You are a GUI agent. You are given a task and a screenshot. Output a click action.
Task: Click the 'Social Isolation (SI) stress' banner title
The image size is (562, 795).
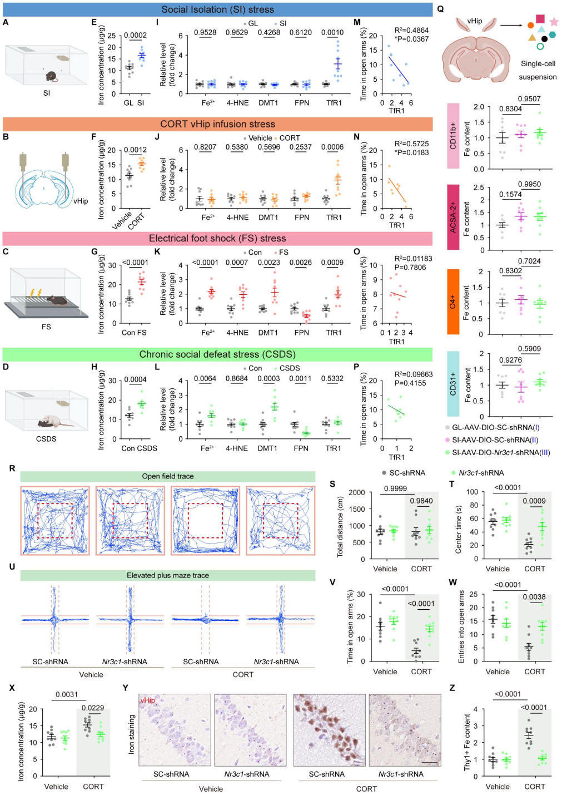[x=217, y=9]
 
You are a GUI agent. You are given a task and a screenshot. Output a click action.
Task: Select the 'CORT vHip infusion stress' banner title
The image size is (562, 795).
[x=217, y=124]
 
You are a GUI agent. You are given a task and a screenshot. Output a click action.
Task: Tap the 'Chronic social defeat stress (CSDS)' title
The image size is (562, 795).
[x=217, y=354]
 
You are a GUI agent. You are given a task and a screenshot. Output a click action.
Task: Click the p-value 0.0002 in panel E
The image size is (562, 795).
[x=135, y=36]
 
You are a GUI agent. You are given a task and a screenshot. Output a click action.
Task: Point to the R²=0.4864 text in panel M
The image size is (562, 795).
[x=411, y=31]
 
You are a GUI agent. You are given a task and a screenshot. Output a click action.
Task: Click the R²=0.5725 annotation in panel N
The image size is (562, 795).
[x=411, y=144]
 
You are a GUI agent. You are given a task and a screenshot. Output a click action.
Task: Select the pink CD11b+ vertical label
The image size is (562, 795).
[x=453, y=136]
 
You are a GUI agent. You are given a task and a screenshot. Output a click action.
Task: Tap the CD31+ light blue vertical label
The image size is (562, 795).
[x=453, y=384]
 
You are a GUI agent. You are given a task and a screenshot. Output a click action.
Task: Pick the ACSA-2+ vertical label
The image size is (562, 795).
[x=453, y=218]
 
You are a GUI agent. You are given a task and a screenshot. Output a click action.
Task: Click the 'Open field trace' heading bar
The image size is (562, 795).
[x=167, y=476]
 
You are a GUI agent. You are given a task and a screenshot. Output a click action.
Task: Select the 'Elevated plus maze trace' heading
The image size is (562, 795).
[x=167, y=575]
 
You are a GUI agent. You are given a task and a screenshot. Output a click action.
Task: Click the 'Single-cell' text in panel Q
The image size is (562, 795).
[x=538, y=64]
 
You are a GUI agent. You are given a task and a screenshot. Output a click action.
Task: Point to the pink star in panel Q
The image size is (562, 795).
[x=554, y=22]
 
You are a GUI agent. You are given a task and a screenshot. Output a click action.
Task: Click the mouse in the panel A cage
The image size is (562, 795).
[x=51, y=76]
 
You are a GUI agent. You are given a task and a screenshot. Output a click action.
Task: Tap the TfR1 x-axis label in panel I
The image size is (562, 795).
[x=334, y=103]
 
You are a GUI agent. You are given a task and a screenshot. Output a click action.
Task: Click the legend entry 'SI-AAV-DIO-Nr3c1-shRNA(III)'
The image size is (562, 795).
[x=500, y=452]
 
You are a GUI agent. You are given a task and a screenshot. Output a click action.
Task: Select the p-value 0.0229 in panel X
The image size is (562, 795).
[x=93, y=708]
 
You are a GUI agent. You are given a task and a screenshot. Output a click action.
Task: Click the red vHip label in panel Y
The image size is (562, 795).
[x=147, y=700]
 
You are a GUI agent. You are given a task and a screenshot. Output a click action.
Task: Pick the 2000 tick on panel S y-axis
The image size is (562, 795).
[x=357, y=492]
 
